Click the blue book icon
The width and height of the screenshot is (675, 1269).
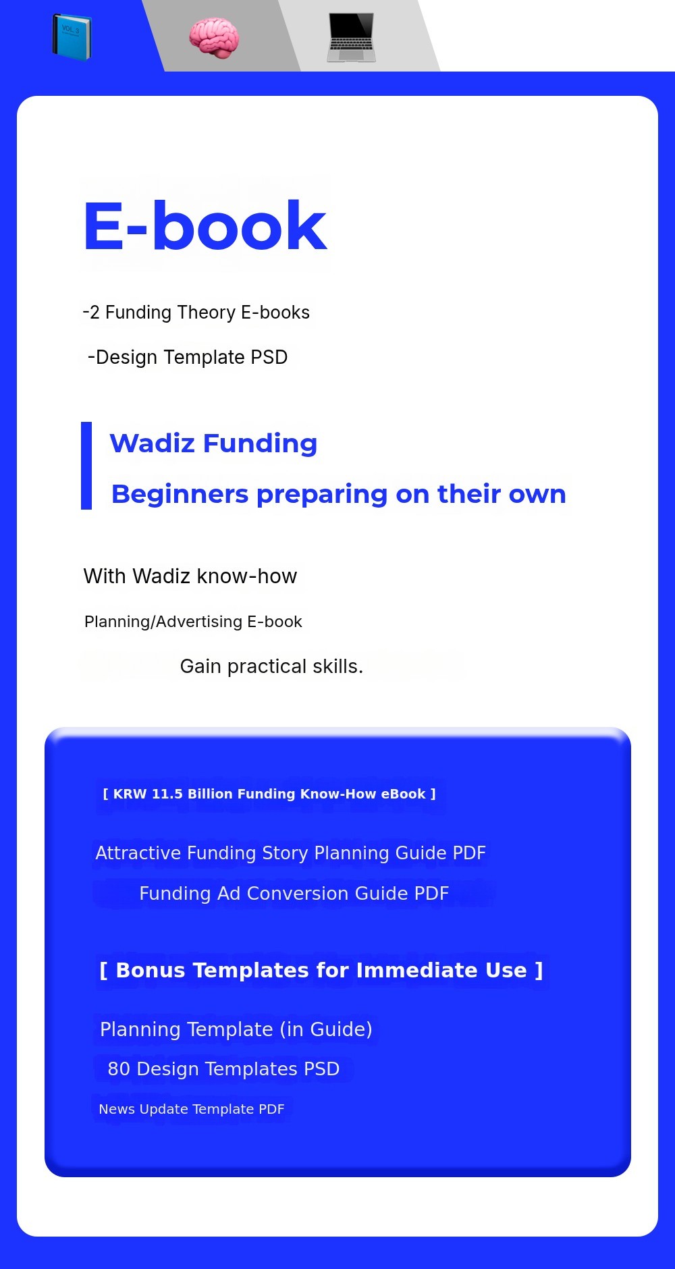pos(72,36)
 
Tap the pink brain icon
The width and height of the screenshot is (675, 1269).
pos(214,38)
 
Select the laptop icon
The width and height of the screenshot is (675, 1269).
pos(351,38)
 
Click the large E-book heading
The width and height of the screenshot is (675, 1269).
pos(205,225)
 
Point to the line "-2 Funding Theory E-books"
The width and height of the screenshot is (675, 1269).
pos(196,313)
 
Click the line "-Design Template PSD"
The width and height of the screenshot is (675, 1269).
pos(188,357)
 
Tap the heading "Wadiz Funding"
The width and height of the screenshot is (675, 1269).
pos(213,443)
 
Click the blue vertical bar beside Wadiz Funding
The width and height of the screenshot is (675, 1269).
pos(86,466)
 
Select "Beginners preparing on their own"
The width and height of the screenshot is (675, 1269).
pos(339,494)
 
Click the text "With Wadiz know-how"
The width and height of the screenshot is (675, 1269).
pos(190,576)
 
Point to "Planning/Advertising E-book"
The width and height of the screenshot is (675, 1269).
pos(193,622)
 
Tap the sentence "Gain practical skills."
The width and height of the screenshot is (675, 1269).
pos(271,666)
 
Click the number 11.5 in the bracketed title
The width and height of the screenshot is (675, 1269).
pos(167,794)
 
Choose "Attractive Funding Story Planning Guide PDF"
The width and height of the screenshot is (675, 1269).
pos(291,853)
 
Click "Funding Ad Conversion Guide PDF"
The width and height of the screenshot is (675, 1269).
pos(294,894)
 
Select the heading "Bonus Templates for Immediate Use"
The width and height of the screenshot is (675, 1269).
pos(321,970)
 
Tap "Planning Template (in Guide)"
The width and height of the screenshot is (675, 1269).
pos(236,1029)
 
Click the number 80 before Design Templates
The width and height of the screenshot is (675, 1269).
pos(119,1069)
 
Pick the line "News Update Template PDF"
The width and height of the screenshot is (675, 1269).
pos(192,1109)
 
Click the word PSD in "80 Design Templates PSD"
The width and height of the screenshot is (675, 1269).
pos(321,1069)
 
